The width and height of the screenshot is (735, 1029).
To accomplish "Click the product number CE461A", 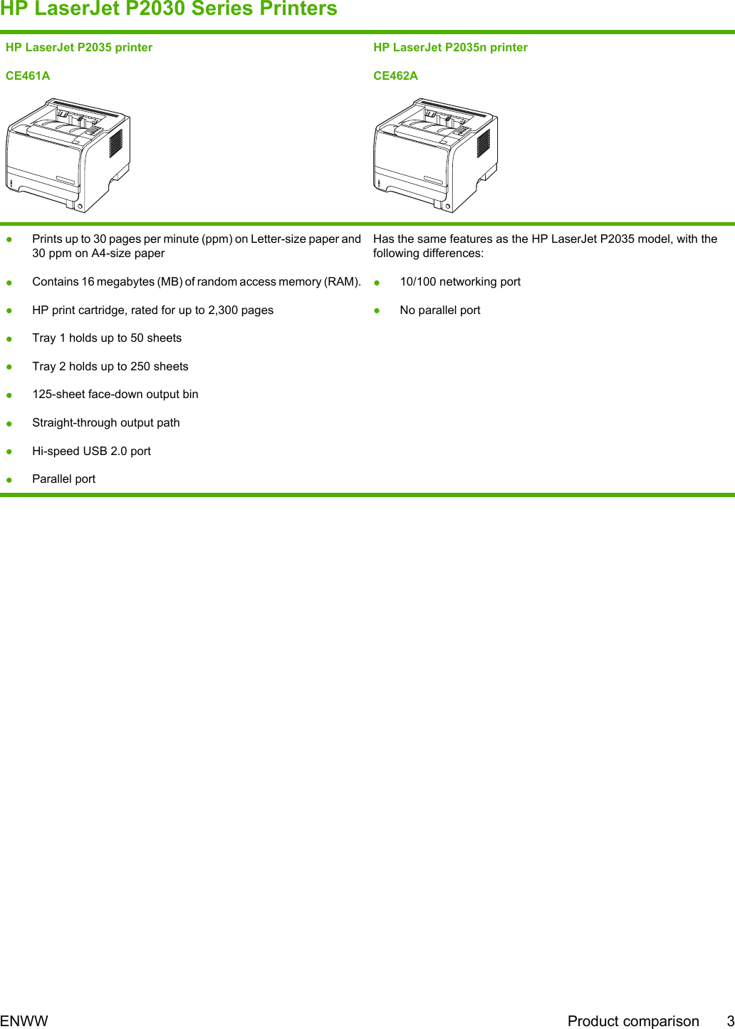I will [28, 75].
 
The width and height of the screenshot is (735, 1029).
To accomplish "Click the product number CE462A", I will [395, 75].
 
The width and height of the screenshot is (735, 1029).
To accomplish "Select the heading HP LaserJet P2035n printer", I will [450, 48].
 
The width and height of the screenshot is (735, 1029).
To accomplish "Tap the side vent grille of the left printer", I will [115, 143].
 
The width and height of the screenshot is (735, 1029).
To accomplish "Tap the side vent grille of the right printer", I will [484, 143].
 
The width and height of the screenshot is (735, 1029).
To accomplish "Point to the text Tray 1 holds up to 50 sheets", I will [107, 338].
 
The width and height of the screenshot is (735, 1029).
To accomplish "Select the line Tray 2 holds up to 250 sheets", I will [110, 367].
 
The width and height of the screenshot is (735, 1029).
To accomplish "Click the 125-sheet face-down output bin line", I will [115, 395].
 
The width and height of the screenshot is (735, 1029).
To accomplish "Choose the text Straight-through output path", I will [106, 423].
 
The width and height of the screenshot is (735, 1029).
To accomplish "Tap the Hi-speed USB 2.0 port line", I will [91, 451].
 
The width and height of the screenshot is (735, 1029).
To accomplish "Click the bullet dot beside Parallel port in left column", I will [10, 480].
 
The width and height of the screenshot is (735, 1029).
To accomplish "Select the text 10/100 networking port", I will [460, 282].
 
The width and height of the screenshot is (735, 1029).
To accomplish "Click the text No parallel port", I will [440, 310].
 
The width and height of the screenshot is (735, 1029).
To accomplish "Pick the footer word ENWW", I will [24, 1021].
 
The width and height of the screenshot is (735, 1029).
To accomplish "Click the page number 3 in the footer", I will [730, 1021].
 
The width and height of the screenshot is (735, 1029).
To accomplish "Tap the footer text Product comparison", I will [633, 1021].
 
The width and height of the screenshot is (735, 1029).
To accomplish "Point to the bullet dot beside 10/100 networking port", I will [377, 283].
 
